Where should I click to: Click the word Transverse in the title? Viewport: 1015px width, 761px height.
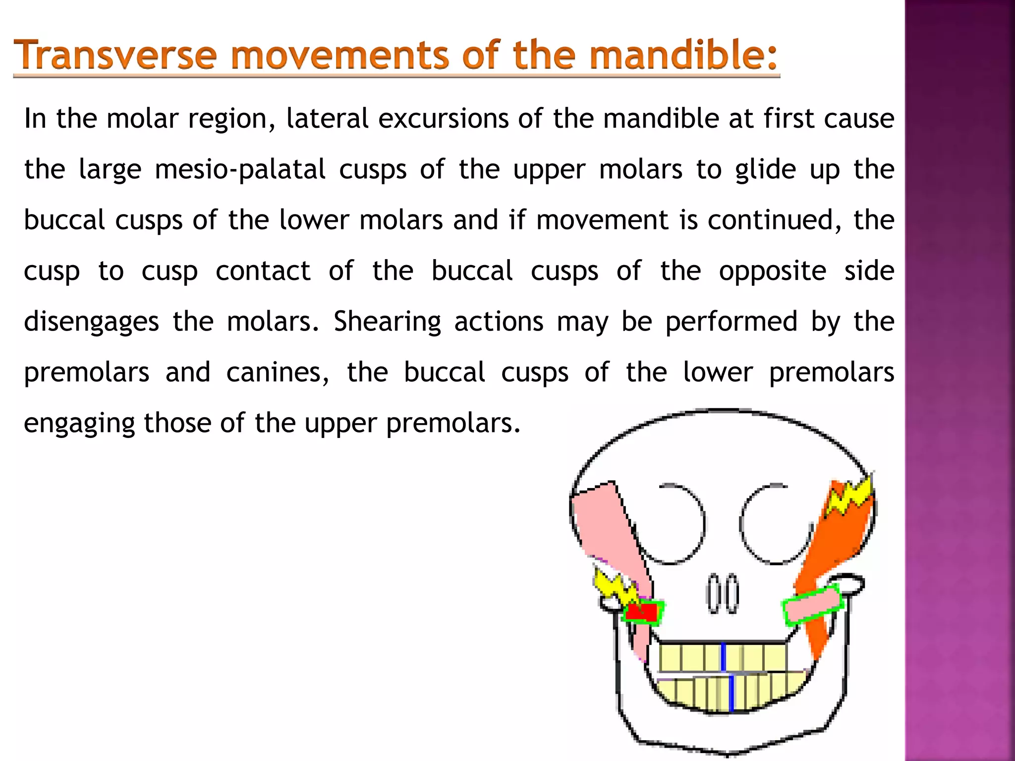[115, 55]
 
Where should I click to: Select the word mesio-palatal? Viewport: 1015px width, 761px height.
[240, 169]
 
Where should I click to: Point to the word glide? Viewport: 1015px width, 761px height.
[766, 169]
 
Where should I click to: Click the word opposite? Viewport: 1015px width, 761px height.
[773, 272]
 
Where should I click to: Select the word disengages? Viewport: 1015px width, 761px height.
[91, 322]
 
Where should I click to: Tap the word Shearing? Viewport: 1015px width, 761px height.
[387, 322]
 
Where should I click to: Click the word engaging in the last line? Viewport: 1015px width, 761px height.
[79, 424]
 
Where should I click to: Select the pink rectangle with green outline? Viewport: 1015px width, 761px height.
[813, 605]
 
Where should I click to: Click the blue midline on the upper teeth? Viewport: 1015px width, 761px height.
[723, 657]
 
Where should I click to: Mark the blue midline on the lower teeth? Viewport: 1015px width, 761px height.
[732, 693]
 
